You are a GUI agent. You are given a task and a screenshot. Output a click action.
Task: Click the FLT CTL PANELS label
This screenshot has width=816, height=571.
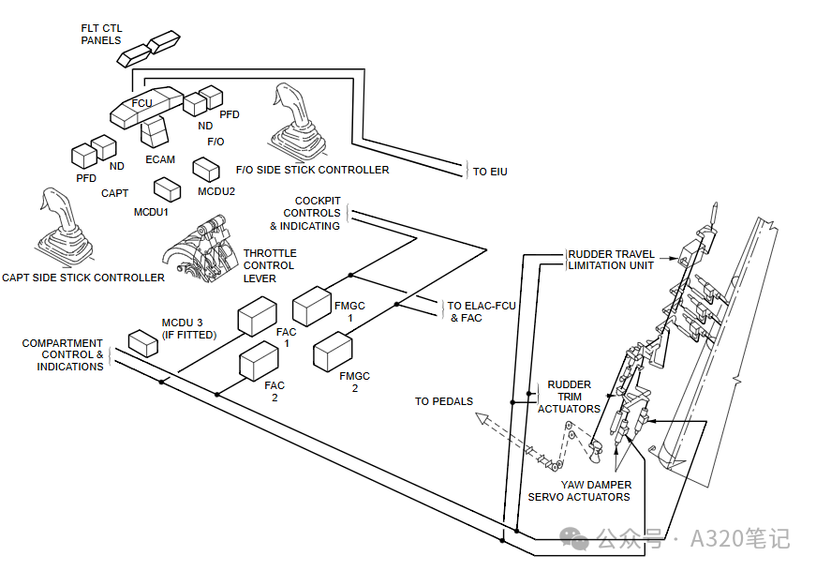point(101,35)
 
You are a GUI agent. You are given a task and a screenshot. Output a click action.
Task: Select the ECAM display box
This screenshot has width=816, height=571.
point(154,131)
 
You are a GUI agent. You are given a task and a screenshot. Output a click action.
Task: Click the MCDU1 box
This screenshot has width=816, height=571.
point(168,188)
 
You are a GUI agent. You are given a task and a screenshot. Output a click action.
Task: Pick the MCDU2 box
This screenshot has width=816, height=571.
point(206,169)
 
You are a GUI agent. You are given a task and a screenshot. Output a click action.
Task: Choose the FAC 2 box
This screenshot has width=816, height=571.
point(260,362)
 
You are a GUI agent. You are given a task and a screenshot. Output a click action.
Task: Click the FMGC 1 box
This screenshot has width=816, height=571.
point(312,307)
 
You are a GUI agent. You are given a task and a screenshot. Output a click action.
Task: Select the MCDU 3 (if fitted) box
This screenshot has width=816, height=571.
point(143,343)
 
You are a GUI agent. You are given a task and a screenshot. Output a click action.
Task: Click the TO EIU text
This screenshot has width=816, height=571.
point(489,172)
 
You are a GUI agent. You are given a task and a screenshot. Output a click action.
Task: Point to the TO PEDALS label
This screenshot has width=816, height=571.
point(444,401)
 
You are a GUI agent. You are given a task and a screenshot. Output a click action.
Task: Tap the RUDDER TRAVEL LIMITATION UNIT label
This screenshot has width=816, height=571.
point(611,260)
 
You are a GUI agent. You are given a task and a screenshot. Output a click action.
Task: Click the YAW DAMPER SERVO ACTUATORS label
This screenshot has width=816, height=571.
point(579,490)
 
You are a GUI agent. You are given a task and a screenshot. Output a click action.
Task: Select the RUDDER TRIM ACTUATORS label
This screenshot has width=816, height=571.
point(569,397)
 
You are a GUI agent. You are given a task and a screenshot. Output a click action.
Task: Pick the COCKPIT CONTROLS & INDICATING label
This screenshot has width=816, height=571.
point(306,214)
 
